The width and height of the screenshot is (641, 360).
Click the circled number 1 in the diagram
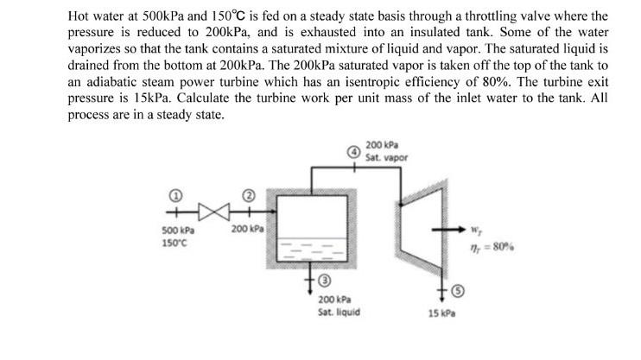pos(172,194)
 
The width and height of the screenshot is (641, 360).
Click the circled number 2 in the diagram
pos(246,194)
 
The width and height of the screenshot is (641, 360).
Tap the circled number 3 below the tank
pos(324,281)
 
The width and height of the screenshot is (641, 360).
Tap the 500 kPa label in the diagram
pos(176,230)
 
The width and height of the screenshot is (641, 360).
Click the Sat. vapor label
pos(386,157)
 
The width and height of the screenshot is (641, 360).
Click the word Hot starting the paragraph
pos(80,16)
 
